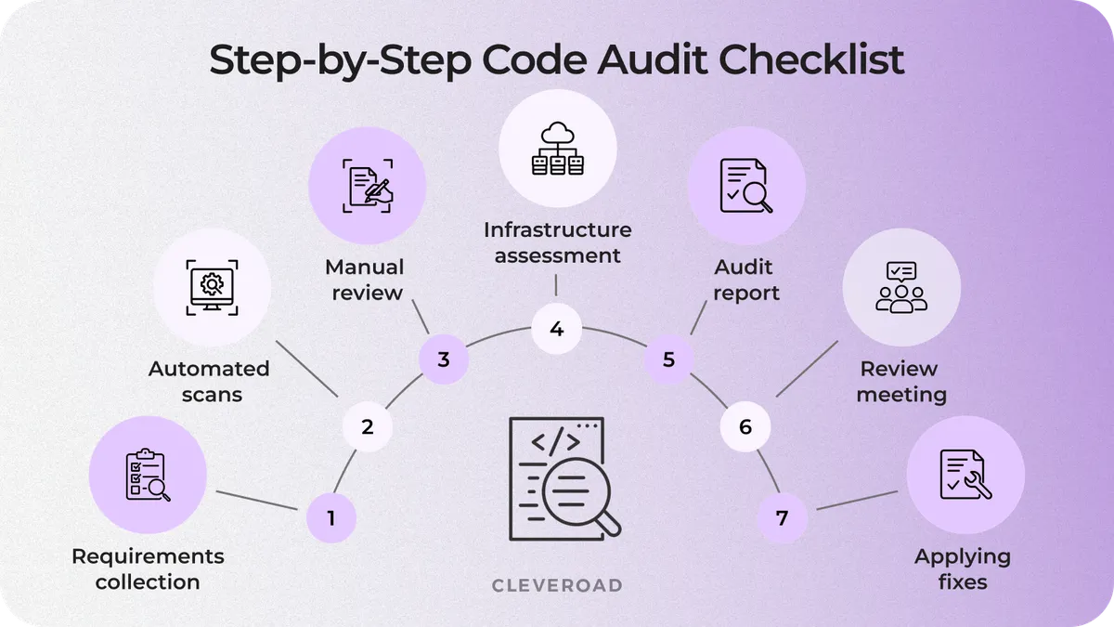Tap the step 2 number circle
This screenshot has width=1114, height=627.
367,427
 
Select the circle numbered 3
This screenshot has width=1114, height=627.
443,359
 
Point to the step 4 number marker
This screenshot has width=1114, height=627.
556,329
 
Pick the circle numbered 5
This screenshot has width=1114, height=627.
668,359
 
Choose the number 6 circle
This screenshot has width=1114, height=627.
745,427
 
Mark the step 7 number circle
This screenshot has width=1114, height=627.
782,517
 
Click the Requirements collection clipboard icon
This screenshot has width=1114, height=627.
148,475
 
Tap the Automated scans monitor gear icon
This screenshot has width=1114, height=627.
212,286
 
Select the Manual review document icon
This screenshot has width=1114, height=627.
368,185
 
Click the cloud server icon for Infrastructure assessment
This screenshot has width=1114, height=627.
557,149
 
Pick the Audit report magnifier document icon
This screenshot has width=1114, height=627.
745,185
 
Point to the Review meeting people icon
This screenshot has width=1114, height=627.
900,286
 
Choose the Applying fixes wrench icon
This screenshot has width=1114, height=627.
965,475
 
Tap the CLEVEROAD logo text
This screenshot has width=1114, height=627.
556,585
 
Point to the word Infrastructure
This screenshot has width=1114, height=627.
557,229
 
